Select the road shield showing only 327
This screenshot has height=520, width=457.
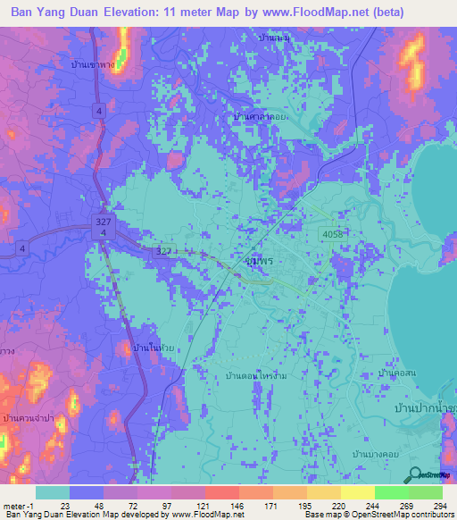tap(163, 252)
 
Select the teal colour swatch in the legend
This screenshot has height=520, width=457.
tap(53, 492)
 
